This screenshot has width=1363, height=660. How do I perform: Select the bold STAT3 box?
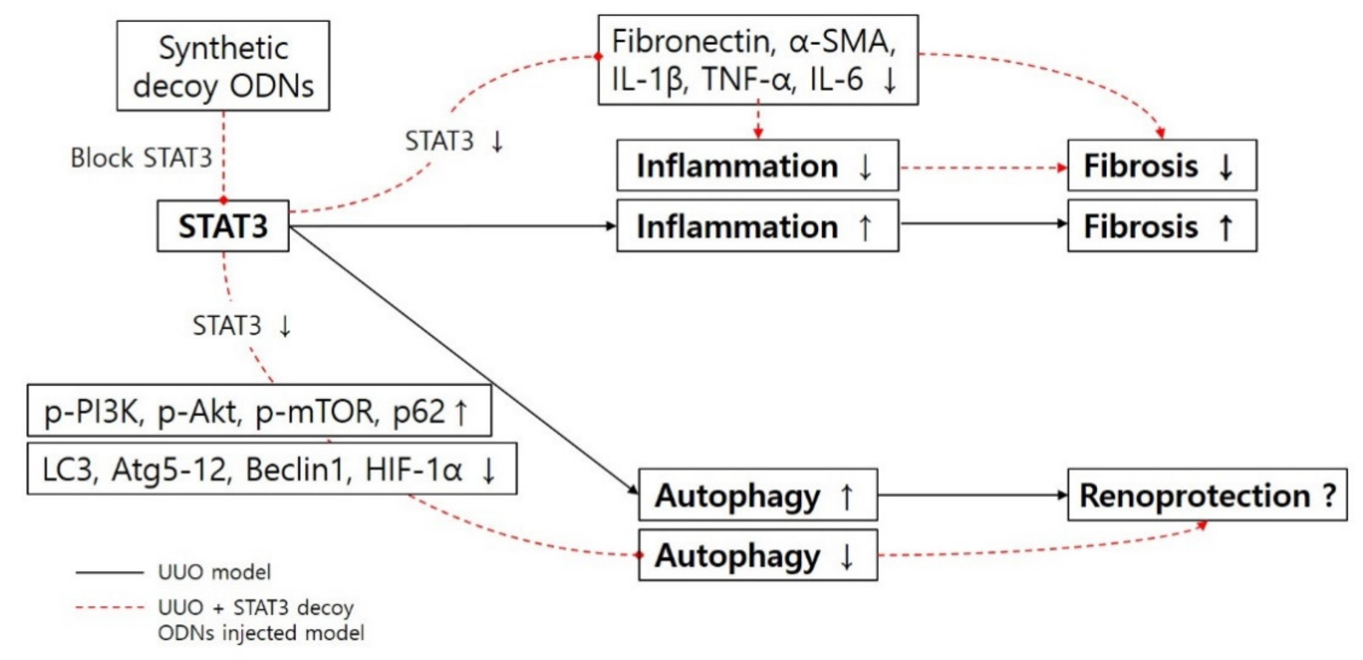click(223, 226)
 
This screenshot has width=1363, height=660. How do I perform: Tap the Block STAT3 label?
click(141, 158)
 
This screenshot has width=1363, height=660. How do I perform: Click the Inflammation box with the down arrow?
click(757, 165)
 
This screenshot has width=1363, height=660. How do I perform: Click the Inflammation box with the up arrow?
click(757, 226)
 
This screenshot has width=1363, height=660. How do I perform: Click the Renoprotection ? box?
click(1207, 495)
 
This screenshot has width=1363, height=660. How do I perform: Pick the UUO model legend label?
click(214, 572)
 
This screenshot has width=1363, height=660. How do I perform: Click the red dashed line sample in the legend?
click(109, 608)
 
